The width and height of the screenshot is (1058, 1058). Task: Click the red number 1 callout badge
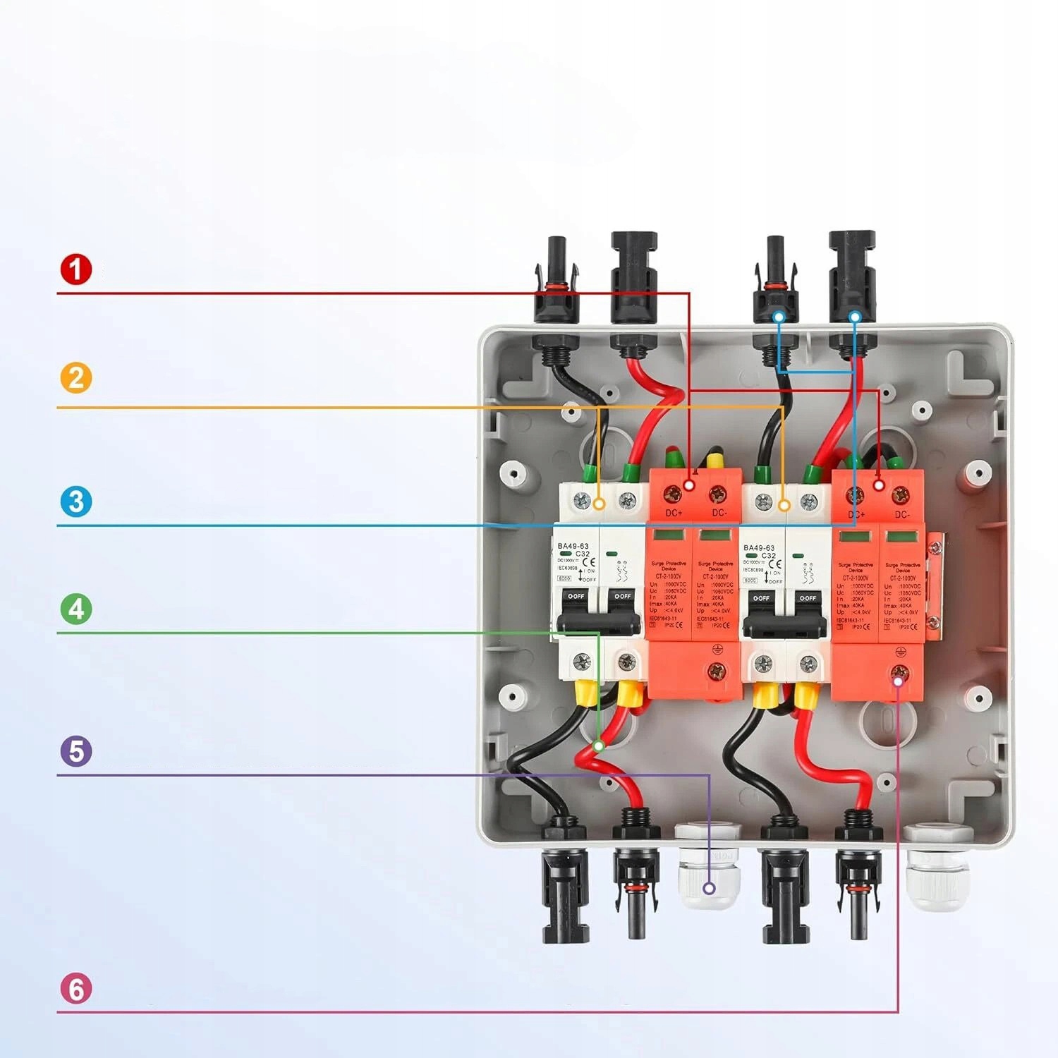coord(76,269)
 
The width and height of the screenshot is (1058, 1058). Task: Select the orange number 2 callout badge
coord(76,377)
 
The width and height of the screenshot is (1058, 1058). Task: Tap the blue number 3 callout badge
coord(76,501)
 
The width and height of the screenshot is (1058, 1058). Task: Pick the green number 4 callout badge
coord(76,609)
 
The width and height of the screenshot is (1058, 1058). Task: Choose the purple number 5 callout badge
coord(76,751)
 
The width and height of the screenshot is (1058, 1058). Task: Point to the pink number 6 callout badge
coord(76,989)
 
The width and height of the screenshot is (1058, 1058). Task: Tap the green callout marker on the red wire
coord(599,745)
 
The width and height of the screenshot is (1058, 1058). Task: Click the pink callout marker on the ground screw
coord(899,679)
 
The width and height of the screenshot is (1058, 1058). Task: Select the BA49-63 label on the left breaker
coord(573,546)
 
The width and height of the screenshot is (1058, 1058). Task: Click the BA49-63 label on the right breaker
coord(759,547)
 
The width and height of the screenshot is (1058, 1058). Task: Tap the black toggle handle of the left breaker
coord(599,621)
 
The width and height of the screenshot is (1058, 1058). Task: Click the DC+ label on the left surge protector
coord(674,513)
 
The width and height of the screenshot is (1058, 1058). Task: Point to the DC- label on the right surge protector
coord(902,514)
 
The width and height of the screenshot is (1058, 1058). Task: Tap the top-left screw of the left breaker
coord(582,501)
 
